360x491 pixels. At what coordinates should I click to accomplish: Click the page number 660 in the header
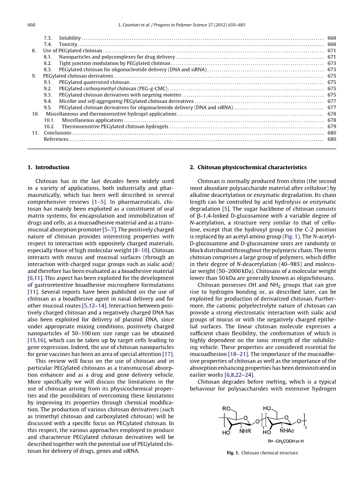click(x=31, y=25)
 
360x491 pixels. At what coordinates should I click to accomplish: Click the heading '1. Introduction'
click(x=49, y=167)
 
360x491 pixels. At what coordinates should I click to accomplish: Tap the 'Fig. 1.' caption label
click(x=233, y=453)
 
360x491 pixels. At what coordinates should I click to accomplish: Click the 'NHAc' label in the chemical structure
click(x=287, y=431)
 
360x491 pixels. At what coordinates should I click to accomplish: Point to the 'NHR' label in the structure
click(x=245, y=431)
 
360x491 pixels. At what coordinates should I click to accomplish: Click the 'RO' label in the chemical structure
click(x=226, y=408)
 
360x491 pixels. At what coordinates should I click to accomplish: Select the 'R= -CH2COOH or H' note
click(x=286, y=441)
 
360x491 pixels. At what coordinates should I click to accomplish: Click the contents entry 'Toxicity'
click(x=68, y=44)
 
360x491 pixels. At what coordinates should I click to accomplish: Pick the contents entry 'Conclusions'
click(x=57, y=133)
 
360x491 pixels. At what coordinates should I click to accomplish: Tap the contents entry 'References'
click(x=56, y=139)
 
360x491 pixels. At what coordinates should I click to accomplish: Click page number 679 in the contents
click(x=332, y=126)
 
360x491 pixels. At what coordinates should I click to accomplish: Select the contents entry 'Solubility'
click(x=70, y=38)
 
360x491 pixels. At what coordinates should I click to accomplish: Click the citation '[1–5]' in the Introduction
click(x=99, y=202)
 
